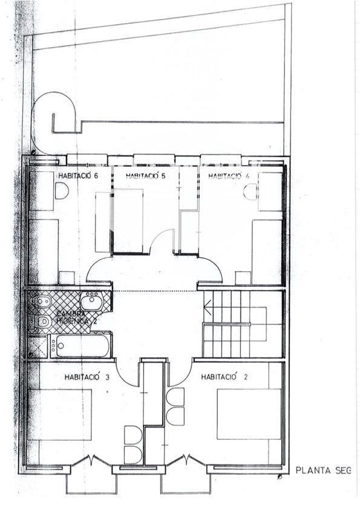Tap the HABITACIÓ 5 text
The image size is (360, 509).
[x=145, y=176]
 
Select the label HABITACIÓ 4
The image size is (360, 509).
[x=229, y=176]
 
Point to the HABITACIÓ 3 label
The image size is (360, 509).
[x=87, y=377]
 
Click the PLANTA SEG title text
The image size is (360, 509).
[x=322, y=470]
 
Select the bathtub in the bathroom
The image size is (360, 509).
[x=80, y=346]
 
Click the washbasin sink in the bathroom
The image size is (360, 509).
[x=91, y=301]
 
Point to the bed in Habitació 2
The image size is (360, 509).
[x=249, y=413]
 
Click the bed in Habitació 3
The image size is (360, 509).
[x=60, y=415]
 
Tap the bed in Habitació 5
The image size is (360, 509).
[x=128, y=220]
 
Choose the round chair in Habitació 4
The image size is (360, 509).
[x=250, y=192]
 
